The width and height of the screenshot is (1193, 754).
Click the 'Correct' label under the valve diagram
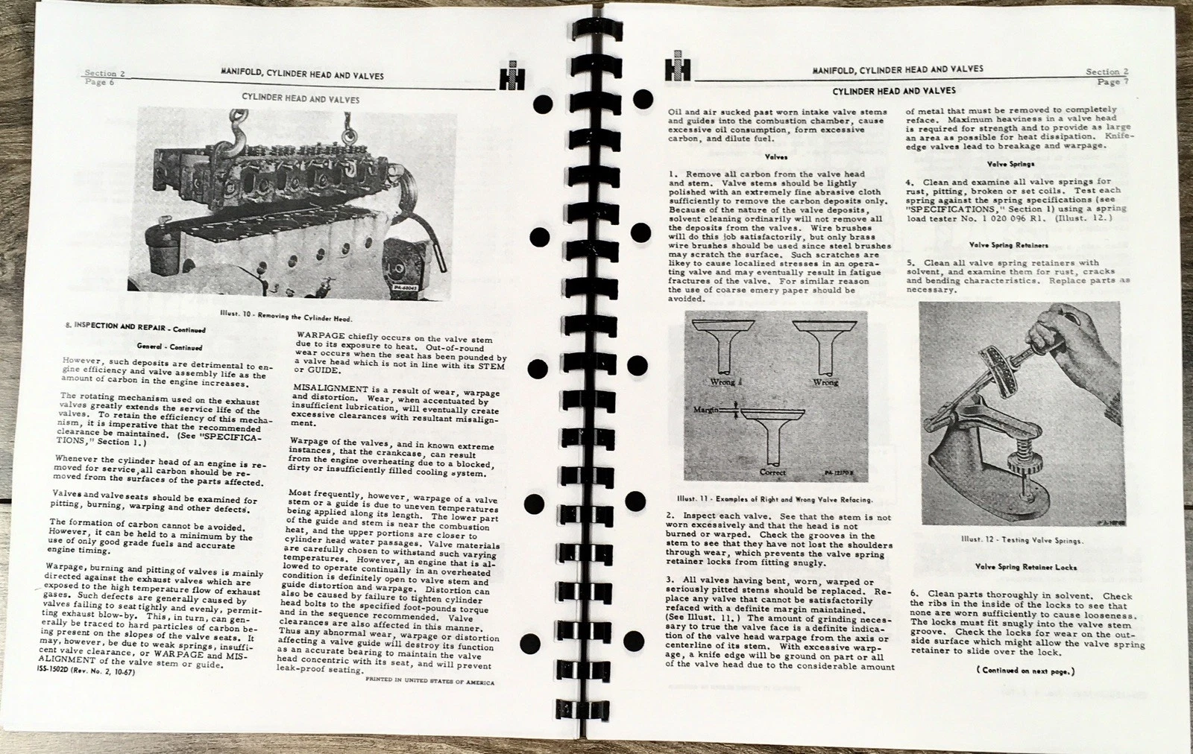[x=772, y=472]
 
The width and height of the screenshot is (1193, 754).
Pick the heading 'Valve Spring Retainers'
[x=1008, y=244]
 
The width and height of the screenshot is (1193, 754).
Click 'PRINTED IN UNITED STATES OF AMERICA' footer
[x=429, y=682]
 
